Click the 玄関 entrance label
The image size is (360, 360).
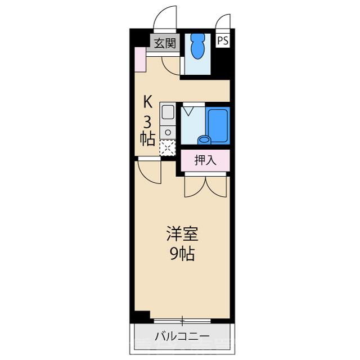[x=164, y=43]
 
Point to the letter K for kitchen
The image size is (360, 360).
[x=148, y=102]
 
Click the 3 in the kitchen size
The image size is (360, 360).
[x=148, y=120]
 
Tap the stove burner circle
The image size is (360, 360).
[x=167, y=133]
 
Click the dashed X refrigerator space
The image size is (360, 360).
[x=167, y=148]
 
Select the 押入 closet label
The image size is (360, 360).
[x=205, y=160]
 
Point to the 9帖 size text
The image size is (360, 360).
[x=181, y=254]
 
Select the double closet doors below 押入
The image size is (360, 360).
[x=205, y=186]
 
